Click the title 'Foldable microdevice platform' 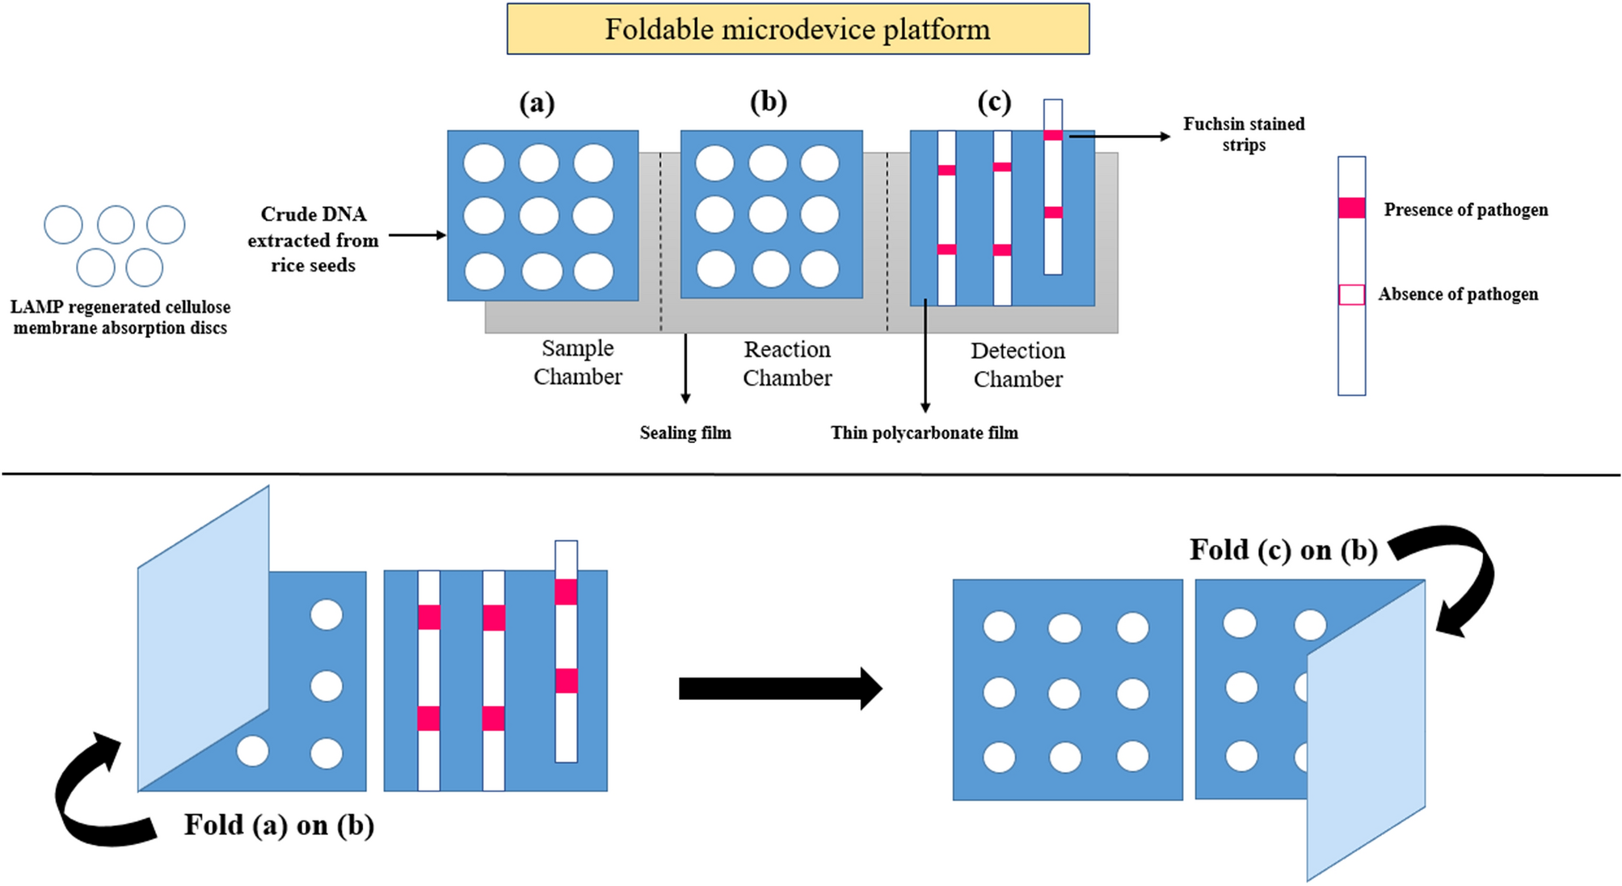pos(797,30)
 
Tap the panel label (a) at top pos(537,103)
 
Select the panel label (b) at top pos(768,102)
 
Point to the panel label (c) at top pos(993,102)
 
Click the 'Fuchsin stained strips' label pos(1244,134)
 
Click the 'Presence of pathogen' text pos(1465,210)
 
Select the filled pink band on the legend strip pos(1351,208)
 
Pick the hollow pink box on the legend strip pos(1351,294)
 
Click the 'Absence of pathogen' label pos(1457,294)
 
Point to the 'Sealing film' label pos(685,433)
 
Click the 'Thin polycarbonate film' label pos(924,433)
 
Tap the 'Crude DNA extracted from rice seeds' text pos(313,239)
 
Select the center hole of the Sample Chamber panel pos(538,216)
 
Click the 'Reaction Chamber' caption pos(786,364)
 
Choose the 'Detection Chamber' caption pos(1017,365)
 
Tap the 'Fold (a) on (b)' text pos(279,825)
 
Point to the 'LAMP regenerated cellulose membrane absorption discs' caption pos(120,318)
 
